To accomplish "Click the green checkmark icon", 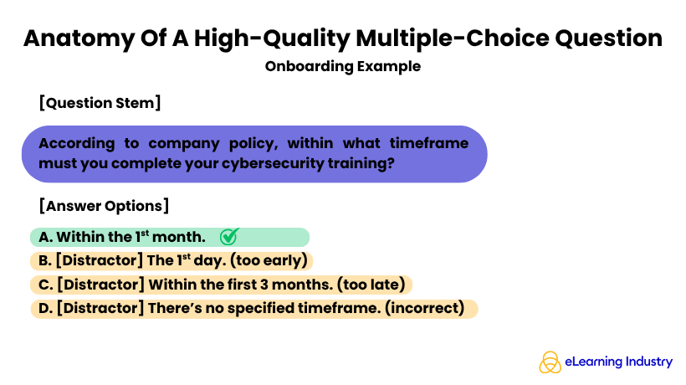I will pos(229,237).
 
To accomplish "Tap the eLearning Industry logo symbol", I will pos(550,362).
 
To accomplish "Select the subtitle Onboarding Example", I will pos(342,65).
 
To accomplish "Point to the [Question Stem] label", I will pos(100,103).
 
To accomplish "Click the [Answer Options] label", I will pos(104,205).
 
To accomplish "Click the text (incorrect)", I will pos(424,308).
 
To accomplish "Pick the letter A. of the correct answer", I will pos(45,237).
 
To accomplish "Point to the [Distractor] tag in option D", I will pos(99,308).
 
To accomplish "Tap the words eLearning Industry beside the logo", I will pos(618,362).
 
